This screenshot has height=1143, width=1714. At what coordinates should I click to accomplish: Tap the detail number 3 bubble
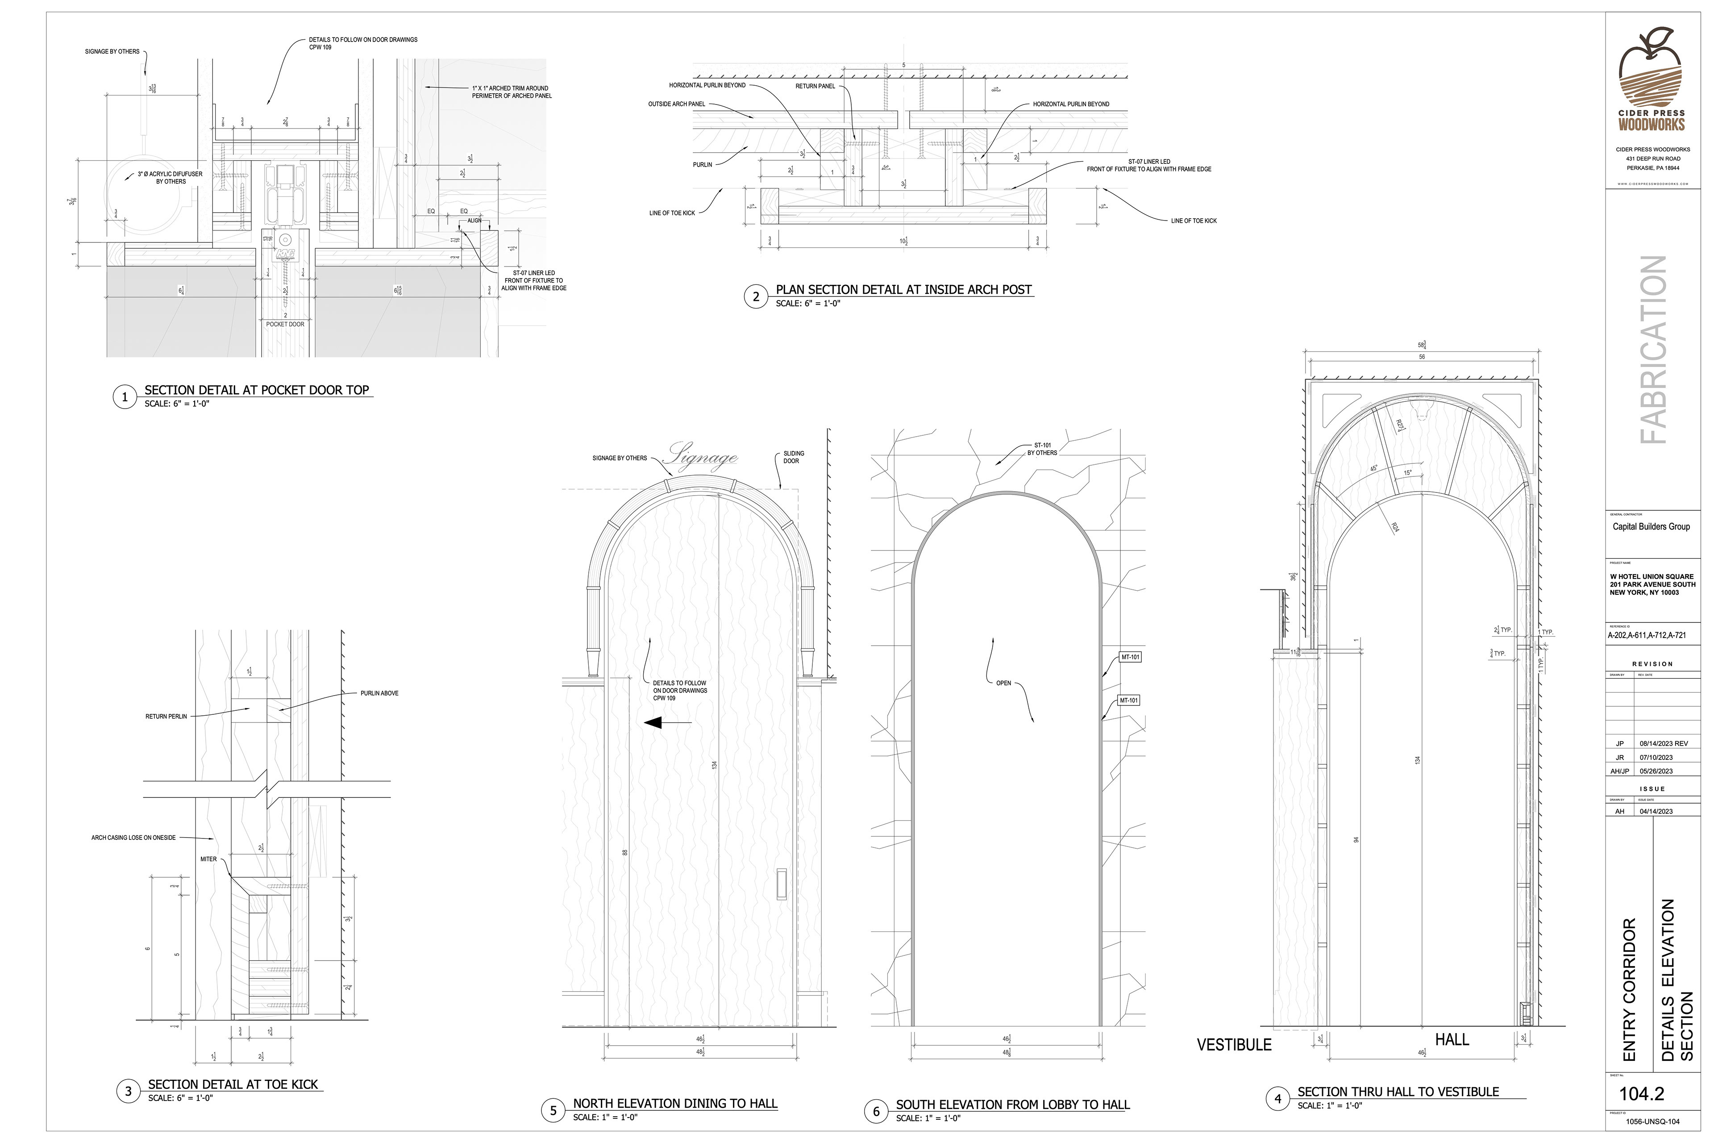pos(128,1091)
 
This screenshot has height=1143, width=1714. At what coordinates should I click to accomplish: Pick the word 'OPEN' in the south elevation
pos(1003,683)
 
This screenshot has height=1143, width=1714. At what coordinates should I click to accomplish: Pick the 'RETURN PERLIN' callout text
pos(166,717)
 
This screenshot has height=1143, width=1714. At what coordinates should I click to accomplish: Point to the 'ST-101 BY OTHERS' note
pos(1042,449)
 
